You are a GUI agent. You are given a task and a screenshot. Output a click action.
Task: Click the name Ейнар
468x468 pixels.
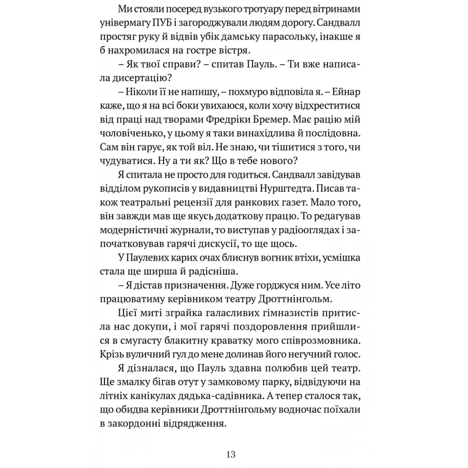(x=345, y=92)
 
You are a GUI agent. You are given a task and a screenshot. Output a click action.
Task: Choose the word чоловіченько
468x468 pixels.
(x=131, y=133)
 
